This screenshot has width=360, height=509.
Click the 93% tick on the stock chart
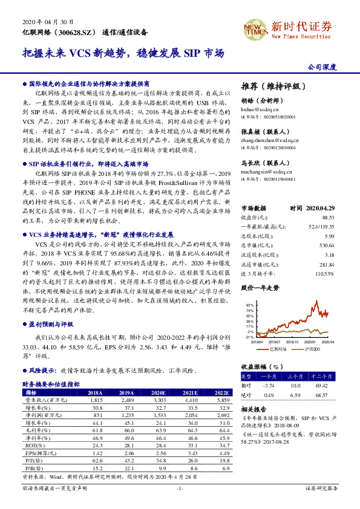[249, 305]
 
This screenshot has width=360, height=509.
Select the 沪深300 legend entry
[310, 349]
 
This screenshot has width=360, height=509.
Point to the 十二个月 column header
[326, 376]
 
